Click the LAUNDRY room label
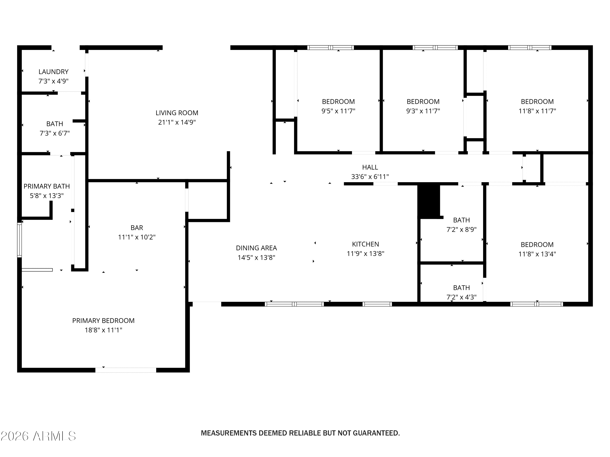[x=53, y=72]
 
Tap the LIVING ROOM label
[x=177, y=113]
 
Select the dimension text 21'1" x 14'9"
[x=177, y=122]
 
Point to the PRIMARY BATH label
[x=47, y=186]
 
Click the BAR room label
[x=137, y=228]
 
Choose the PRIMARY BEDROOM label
[x=103, y=321]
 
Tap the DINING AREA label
[x=256, y=248]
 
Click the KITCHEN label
[x=365, y=244]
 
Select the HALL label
[x=370, y=167]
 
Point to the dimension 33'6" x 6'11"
[x=370, y=177]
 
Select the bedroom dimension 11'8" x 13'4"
[x=537, y=254]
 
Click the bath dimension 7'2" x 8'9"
[x=462, y=230]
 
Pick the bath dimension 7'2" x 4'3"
[x=462, y=297]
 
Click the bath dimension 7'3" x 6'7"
[x=55, y=133]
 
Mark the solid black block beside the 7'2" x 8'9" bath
[x=429, y=201]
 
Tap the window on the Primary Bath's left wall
[x=19, y=240]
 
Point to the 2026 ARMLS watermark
[x=38, y=436]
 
